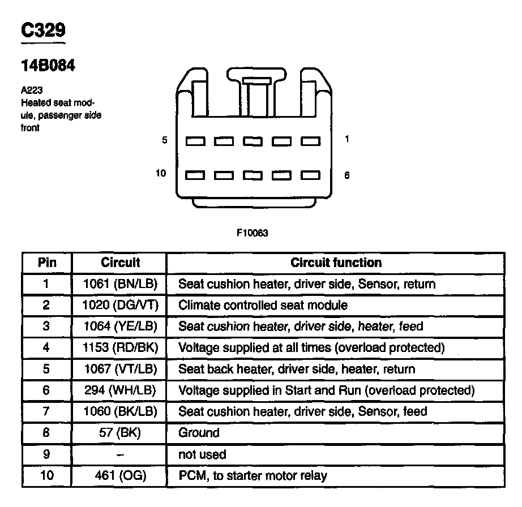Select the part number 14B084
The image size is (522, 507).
(48, 66)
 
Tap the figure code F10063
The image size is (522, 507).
(252, 233)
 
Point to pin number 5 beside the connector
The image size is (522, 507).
(165, 140)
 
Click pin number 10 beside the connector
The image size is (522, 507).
(161, 173)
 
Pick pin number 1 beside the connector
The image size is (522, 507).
(346, 139)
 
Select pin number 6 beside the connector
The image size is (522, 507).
(346, 175)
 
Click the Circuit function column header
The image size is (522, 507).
(336, 263)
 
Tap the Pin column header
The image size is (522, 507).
(47, 263)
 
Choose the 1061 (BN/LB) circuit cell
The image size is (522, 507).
(120, 284)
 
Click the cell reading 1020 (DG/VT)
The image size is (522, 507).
(120, 306)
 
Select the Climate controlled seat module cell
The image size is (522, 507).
(263, 306)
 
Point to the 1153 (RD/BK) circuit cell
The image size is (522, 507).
(120, 348)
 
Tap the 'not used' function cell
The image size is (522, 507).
(202, 454)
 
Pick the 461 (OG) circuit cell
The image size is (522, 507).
(120, 476)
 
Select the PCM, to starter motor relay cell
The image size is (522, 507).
(253, 476)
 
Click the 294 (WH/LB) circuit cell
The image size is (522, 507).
(120, 390)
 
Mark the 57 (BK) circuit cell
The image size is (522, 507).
(120, 433)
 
